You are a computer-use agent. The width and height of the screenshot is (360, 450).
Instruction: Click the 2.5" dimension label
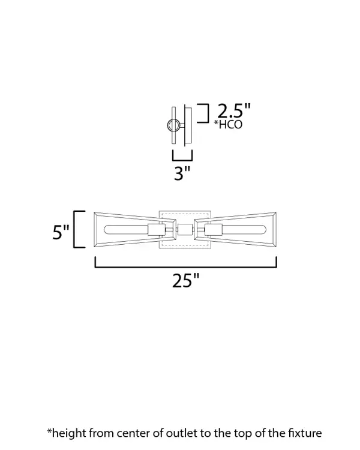click(234, 110)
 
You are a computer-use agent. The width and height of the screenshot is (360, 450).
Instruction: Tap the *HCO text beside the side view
click(228, 124)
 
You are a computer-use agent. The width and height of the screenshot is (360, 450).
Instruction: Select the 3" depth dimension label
click(182, 173)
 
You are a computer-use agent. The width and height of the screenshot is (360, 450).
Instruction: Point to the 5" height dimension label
click(61, 232)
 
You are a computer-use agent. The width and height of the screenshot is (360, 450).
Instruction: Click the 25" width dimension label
click(186, 280)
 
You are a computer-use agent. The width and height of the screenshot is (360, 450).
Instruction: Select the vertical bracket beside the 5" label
click(74, 229)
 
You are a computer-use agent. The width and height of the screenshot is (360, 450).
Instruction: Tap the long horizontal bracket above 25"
click(186, 267)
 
